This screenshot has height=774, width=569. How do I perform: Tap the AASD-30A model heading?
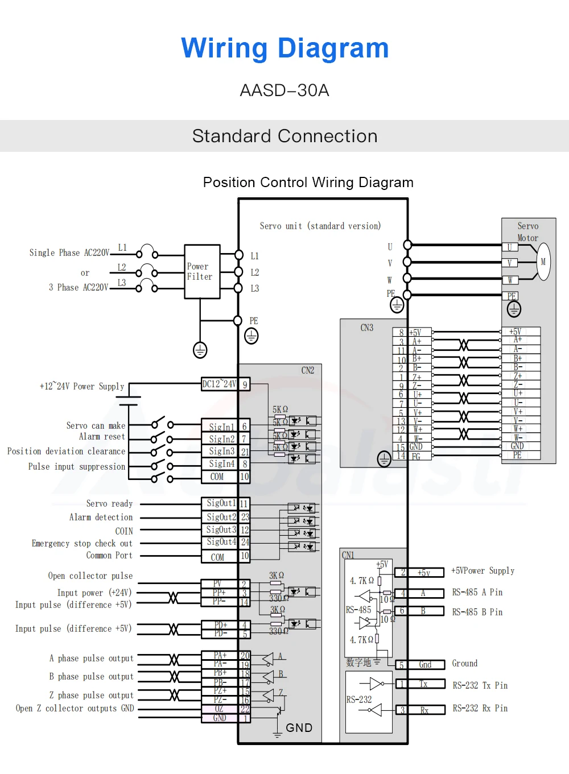(284, 90)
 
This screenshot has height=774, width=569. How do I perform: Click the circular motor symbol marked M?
(543, 262)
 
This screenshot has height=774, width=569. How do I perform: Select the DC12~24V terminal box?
(219, 384)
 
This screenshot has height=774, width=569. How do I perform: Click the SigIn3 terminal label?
(221, 452)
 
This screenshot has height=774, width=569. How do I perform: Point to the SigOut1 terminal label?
(220, 503)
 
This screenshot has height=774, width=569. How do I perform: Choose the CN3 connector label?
(367, 328)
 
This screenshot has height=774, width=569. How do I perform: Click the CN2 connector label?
(308, 370)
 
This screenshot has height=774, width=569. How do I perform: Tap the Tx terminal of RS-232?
(424, 684)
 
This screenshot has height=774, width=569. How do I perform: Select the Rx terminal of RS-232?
(424, 710)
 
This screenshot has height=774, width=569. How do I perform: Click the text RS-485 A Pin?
(477, 593)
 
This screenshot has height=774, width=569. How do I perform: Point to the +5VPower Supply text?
(483, 570)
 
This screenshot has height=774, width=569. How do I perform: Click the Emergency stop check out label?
(82, 544)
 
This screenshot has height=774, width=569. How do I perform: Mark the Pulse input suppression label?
(77, 467)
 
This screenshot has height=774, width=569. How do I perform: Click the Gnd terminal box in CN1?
(425, 664)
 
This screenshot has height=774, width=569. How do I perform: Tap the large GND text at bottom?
(299, 728)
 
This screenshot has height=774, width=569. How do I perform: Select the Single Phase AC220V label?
(69, 253)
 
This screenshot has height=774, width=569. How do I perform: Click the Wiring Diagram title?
(284, 48)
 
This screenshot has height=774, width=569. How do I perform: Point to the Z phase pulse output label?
(91, 696)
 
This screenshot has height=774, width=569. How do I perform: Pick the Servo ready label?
(109, 504)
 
